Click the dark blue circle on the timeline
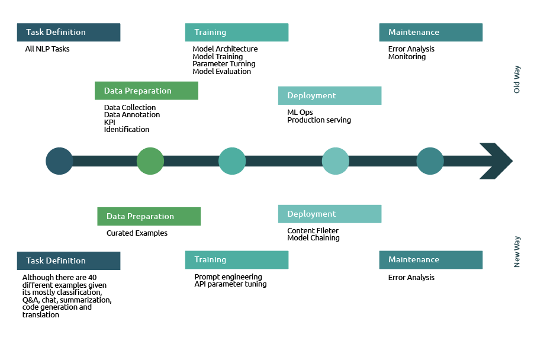point(59,160)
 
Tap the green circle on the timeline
point(150,160)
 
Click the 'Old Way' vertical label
point(517,79)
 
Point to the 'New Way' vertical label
point(517,252)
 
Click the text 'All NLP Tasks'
point(47,49)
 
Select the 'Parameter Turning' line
point(224,64)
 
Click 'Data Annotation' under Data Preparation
point(132,115)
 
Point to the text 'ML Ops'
point(300,112)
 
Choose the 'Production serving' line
point(319,120)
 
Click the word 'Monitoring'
point(407,57)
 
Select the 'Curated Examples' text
point(137,233)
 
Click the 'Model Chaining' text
point(313,238)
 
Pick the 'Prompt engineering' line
point(228,277)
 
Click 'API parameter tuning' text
point(230,284)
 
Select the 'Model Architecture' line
point(225,49)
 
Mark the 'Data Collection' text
point(130,108)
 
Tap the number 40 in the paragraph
point(92,277)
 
